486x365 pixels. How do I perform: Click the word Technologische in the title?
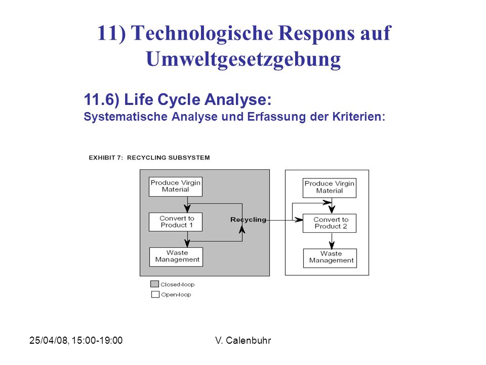pyautogui.click(x=202, y=33)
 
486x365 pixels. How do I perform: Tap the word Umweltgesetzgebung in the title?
pyautogui.click(x=244, y=59)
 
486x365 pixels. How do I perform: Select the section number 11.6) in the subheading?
pyautogui.click(x=102, y=100)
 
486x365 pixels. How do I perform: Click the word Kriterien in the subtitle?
pyautogui.click(x=358, y=117)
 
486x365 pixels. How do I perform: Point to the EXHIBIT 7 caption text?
pyautogui.click(x=149, y=158)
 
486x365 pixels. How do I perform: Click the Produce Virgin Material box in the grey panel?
pyautogui.click(x=176, y=187)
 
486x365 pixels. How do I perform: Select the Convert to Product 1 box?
pyautogui.click(x=176, y=222)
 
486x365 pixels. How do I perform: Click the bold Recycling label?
pyautogui.click(x=248, y=220)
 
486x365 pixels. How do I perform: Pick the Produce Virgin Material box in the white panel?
pyautogui.click(x=330, y=188)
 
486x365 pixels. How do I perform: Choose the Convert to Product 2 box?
pyautogui.click(x=330, y=223)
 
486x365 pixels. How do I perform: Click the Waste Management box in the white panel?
pyautogui.click(x=330, y=258)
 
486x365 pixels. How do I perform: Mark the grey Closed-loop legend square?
pyautogui.click(x=154, y=284)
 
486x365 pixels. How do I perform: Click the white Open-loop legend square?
pyautogui.click(x=155, y=294)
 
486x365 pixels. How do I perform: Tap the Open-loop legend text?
pyautogui.click(x=176, y=295)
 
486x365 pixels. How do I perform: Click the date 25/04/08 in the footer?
pyautogui.click(x=49, y=341)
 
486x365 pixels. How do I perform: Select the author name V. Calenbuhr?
pyautogui.click(x=243, y=341)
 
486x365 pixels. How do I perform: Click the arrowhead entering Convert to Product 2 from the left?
pyautogui.click(x=299, y=220)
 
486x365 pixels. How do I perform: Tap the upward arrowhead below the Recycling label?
pyautogui.click(x=242, y=229)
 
